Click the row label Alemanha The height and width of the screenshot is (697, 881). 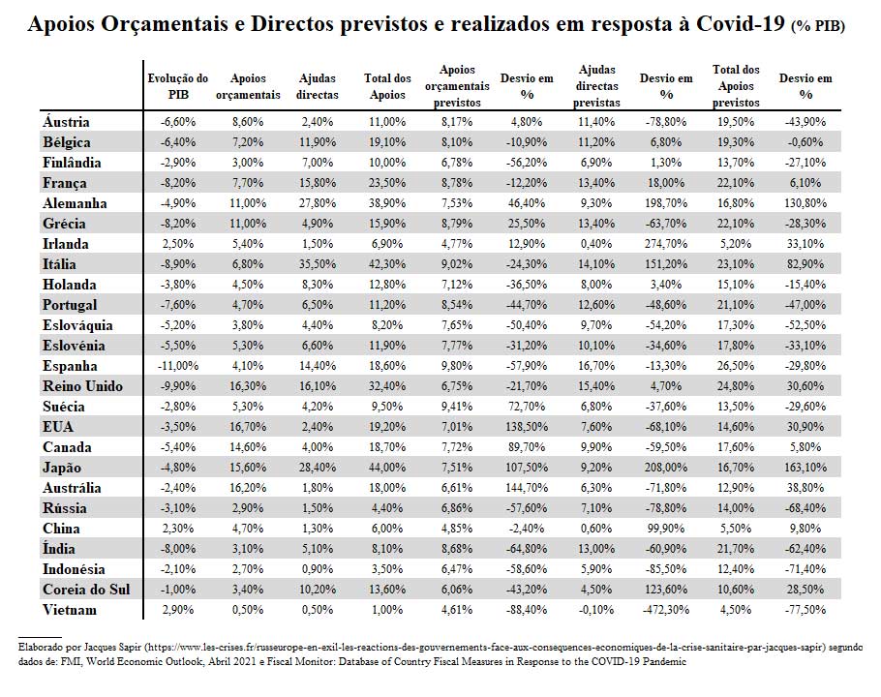pyautogui.click(x=75, y=203)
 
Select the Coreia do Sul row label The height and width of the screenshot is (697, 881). pyautogui.click(x=86, y=590)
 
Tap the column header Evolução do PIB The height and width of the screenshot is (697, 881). pyautogui.click(x=178, y=86)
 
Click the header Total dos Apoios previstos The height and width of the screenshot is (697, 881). pyautogui.click(x=736, y=86)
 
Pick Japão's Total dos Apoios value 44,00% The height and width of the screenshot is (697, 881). pyautogui.click(x=387, y=468)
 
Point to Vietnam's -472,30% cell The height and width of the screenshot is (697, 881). pyautogui.click(x=666, y=610)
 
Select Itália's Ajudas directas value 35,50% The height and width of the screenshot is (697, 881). pyautogui.click(x=318, y=264)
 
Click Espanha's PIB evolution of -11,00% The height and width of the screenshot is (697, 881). pyautogui.click(x=178, y=366)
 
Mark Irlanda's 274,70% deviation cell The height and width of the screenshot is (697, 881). pyautogui.click(x=666, y=244)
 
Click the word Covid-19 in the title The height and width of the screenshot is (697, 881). pyautogui.click(x=740, y=24)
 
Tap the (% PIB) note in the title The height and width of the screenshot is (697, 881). pyautogui.click(x=818, y=26)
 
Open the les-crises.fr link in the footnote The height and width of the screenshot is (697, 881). pyautogui.click(x=486, y=647)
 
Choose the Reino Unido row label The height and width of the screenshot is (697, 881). pyautogui.click(x=82, y=386)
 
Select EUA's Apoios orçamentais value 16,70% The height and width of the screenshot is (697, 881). pyautogui.click(x=248, y=427)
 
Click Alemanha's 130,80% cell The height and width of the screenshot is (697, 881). pyautogui.click(x=805, y=203)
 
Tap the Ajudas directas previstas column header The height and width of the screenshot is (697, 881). pyautogui.click(x=596, y=86)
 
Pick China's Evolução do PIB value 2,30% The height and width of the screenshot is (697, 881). pyautogui.click(x=178, y=529)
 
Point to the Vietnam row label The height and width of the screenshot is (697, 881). pyautogui.click(x=70, y=610)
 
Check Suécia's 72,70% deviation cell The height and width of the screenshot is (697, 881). pyautogui.click(x=527, y=407)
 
